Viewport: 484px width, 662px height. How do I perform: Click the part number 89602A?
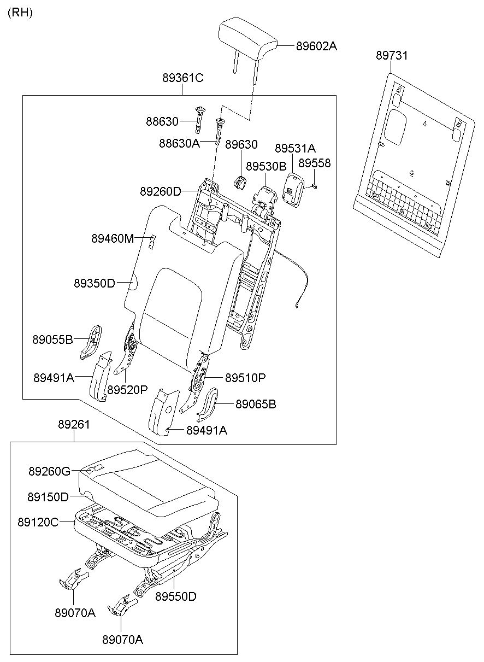point(316,46)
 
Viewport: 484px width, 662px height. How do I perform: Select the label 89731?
point(392,56)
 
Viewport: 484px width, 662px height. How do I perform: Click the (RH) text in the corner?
point(20,13)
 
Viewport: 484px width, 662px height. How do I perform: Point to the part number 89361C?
point(182,78)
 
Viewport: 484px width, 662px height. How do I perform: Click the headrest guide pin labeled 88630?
point(199,118)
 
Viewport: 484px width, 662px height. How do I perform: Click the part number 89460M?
point(113,238)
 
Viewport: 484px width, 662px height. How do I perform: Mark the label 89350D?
point(95,283)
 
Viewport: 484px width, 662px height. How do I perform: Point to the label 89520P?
point(127,390)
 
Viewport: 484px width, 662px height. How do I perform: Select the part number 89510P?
point(245,378)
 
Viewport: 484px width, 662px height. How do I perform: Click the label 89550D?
point(175,596)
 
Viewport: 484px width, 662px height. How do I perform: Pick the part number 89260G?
point(50,471)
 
